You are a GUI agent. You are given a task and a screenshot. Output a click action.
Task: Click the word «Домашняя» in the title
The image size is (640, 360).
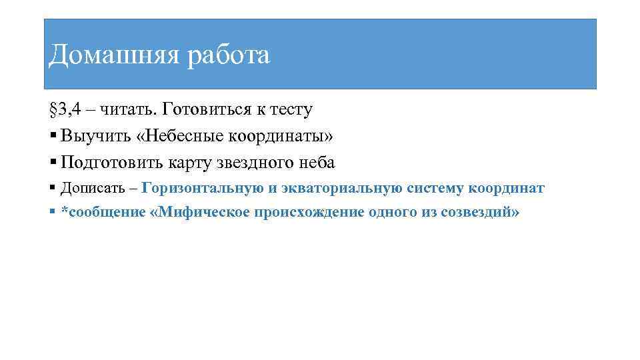pos(113,55)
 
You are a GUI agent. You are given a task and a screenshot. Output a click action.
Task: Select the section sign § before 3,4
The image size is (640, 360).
pos(54,109)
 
